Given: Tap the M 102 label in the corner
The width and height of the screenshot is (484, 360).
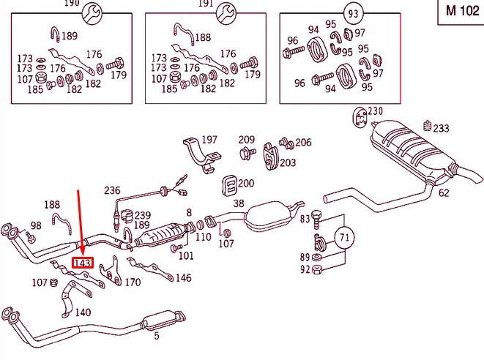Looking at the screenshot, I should click(x=460, y=12).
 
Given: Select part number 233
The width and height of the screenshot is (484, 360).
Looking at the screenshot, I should click(x=441, y=128).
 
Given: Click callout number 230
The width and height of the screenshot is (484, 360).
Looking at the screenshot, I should click(x=375, y=111).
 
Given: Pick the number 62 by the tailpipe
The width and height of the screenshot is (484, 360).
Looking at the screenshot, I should click(x=444, y=193).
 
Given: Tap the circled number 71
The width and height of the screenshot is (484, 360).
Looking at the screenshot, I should click(x=345, y=236).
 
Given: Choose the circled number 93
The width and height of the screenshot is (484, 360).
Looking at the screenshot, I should click(x=354, y=14).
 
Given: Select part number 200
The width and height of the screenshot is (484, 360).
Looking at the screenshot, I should click(x=246, y=184).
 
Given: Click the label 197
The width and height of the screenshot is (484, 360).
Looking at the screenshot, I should click(x=209, y=140).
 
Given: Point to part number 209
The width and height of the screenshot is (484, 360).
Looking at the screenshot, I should click(x=246, y=140).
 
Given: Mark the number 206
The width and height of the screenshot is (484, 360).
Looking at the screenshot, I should click(x=303, y=143).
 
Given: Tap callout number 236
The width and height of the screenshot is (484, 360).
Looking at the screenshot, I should click(x=112, y=190).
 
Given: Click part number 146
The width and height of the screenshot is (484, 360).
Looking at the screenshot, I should click(x=183, y=278).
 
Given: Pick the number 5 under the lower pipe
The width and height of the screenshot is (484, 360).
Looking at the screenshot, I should click(x=155, y=336).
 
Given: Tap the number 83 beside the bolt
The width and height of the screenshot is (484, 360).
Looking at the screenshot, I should click(x=305, y=219).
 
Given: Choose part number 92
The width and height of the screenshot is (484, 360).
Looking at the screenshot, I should click(x=305, y=269).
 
